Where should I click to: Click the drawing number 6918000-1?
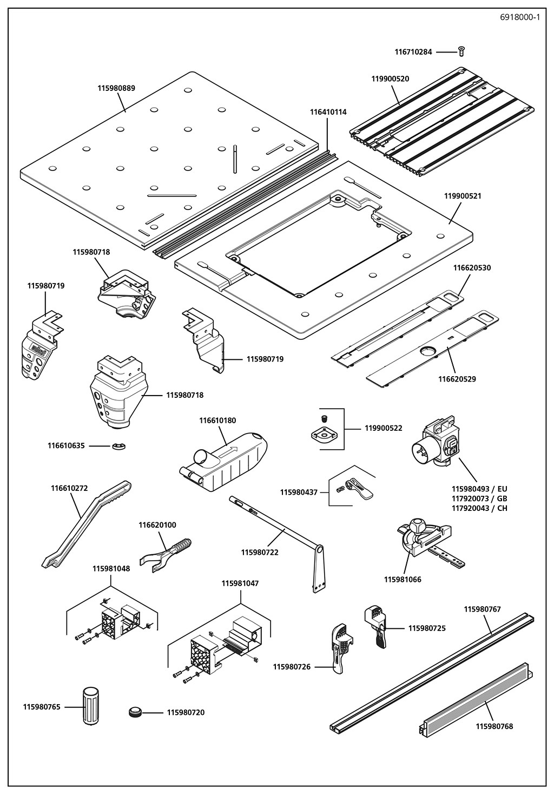pyautogui.click(x=520, y=17)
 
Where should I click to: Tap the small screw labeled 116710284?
pyautogui.click(x=461, y=51)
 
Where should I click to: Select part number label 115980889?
pyautogui.click(x=116, y=88)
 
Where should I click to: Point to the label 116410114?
pyautogui.click(x=328, y=112)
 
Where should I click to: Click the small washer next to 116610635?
pyautogui.click(x=118, y=446)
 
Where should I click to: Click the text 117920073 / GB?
pyautogui.click(x=479, y=498)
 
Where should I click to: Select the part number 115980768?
pyautogui.click(x=494, y=726)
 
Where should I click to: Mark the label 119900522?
pyautogui.click(x=383, y=428)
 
